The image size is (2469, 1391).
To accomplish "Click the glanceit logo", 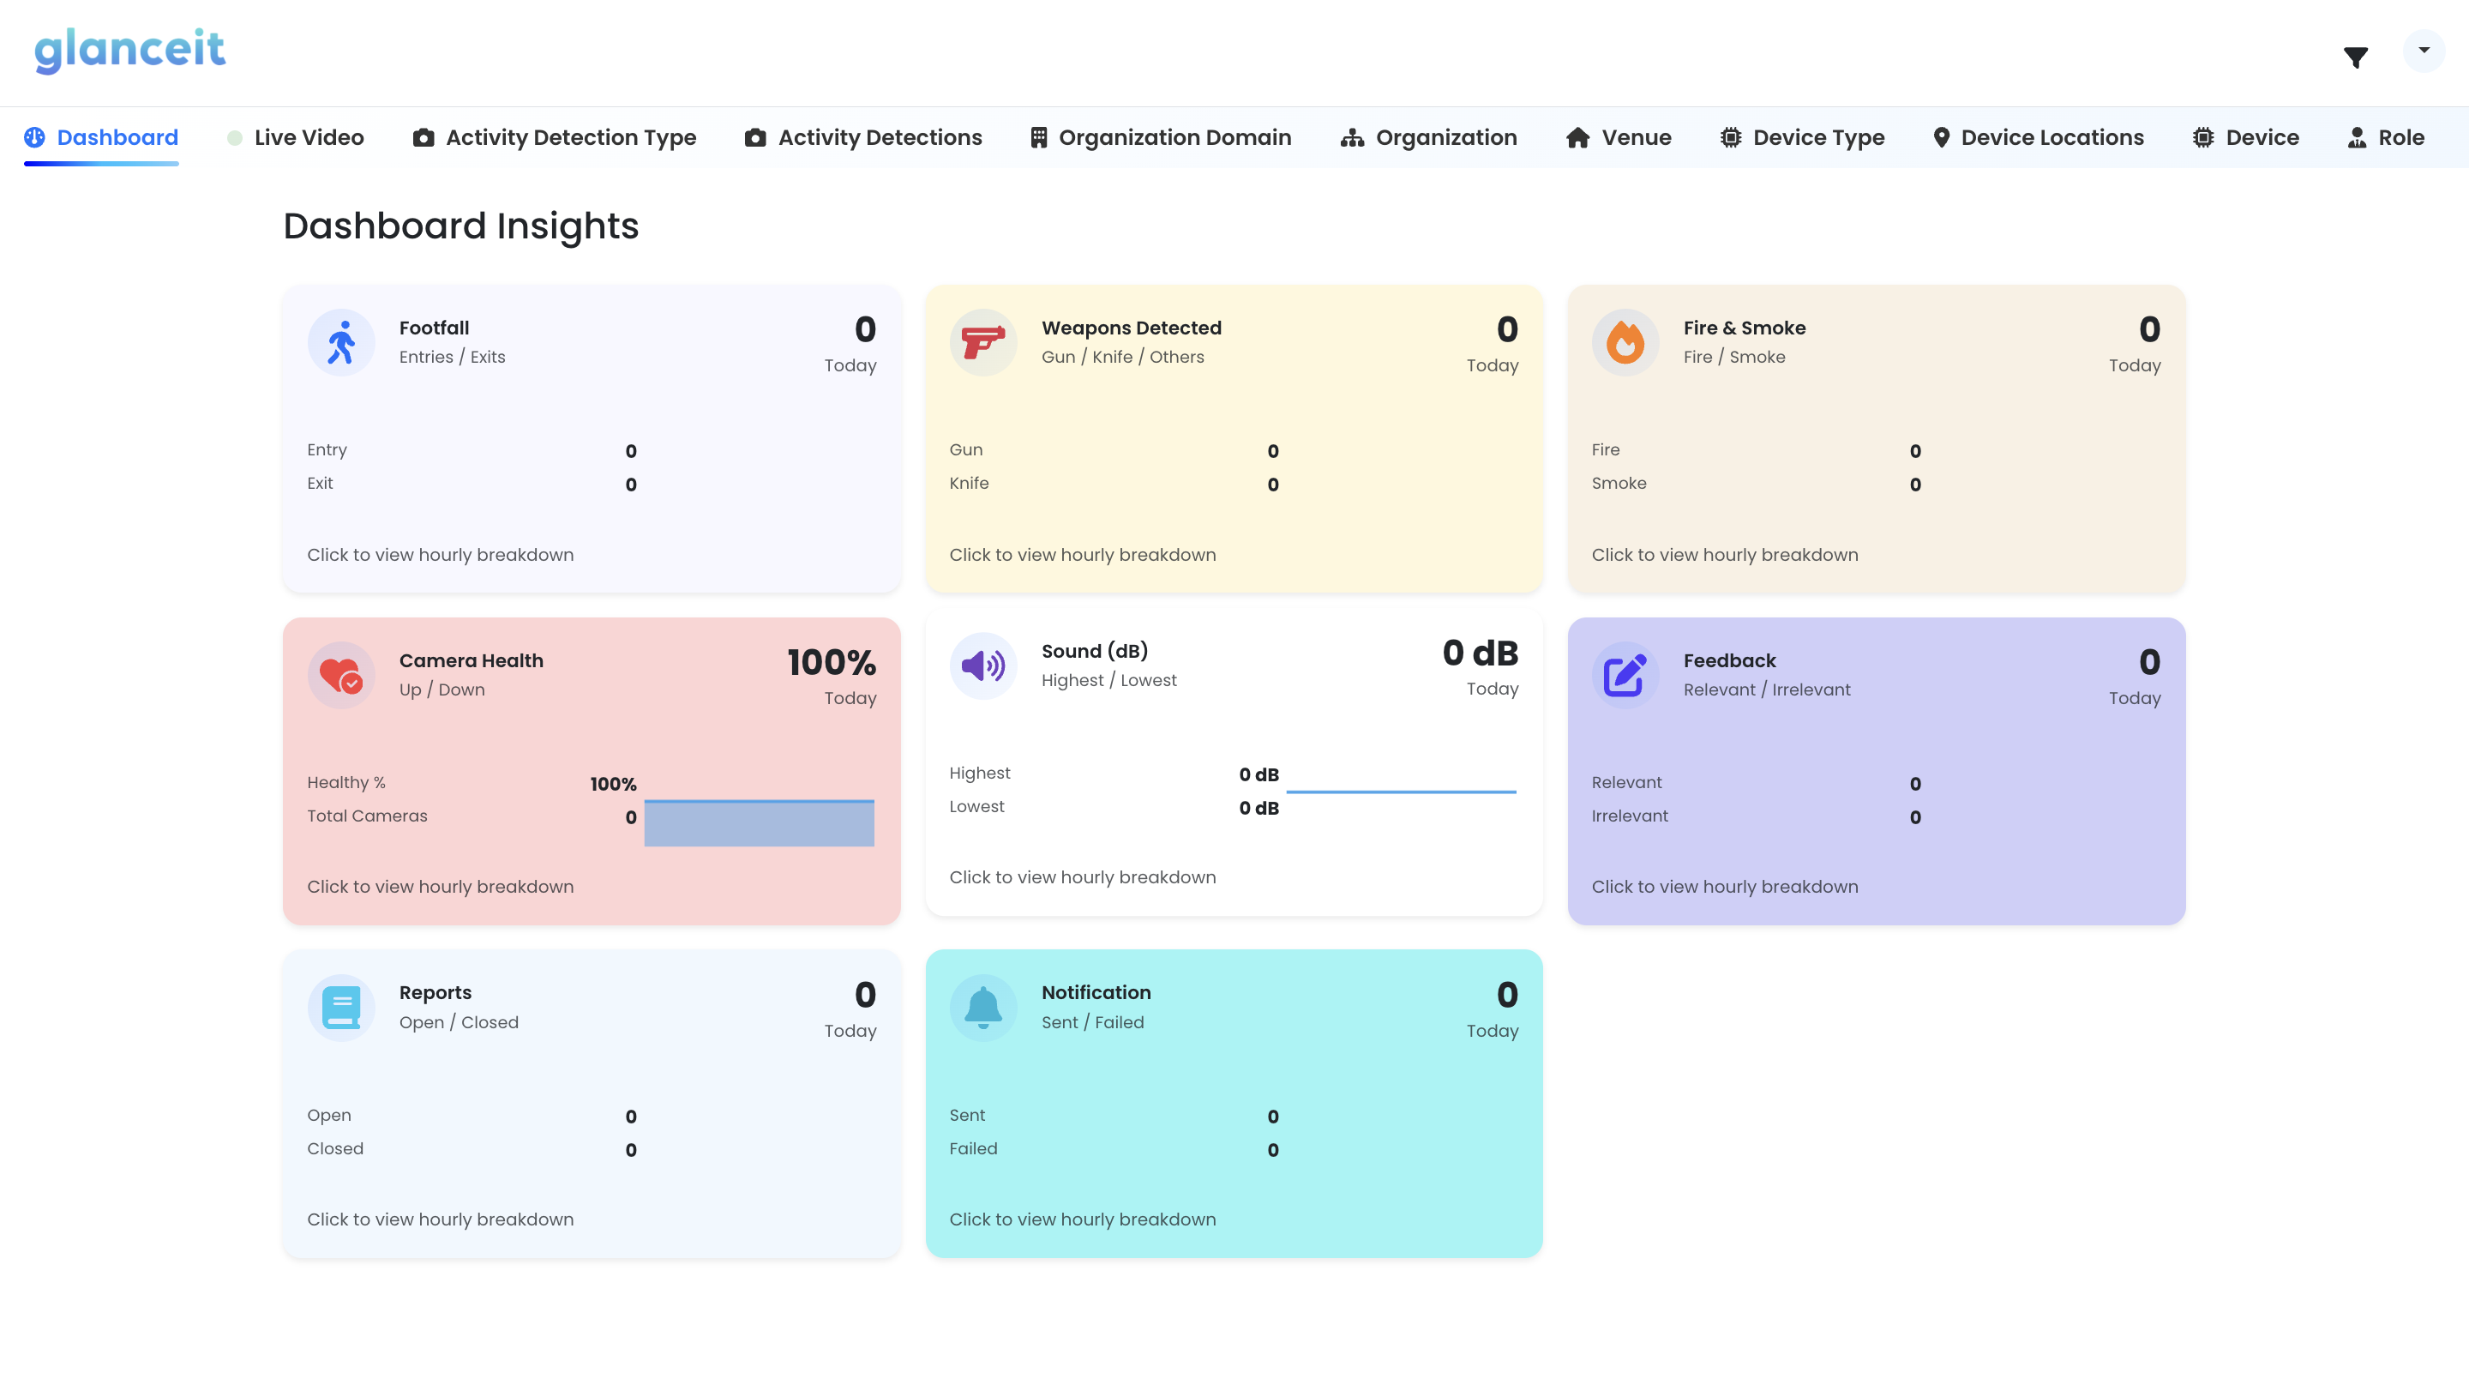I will coord(129,50).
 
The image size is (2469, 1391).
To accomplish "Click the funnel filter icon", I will coord(2355,57).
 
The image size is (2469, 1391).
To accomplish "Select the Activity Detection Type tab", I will coord(555,137).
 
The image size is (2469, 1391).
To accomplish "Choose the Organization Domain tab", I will coord(1161,137).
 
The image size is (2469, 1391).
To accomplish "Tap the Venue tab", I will coord(1619,137).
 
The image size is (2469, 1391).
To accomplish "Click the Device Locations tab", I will coord(2038,137).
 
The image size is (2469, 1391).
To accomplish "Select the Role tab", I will coord(2386,137).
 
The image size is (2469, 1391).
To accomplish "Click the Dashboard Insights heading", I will coord(461,226).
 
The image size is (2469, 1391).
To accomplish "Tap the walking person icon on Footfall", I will coord(341,342).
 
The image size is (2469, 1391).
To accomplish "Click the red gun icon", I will coord(982,342).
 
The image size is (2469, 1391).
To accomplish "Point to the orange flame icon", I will coord(1625,342).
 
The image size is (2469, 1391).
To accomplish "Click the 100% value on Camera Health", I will coord(831,662).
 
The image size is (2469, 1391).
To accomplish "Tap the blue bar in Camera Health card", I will coord(758,823).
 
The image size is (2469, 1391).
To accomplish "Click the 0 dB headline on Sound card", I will coord(1480,653).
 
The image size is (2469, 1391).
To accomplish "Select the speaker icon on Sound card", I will coord(982,665).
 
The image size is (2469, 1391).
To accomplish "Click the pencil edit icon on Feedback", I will coord(1625,675).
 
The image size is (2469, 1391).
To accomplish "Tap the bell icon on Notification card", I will coord(982,1008).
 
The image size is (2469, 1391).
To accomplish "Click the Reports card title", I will coord(436,992).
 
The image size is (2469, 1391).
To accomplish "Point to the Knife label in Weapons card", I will coord(969,483).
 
